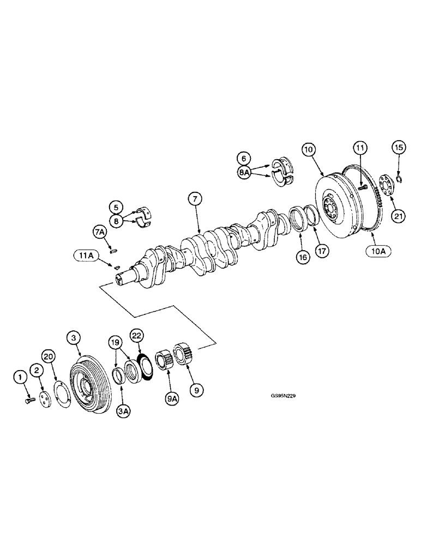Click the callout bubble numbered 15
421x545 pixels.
tap(398, 147)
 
